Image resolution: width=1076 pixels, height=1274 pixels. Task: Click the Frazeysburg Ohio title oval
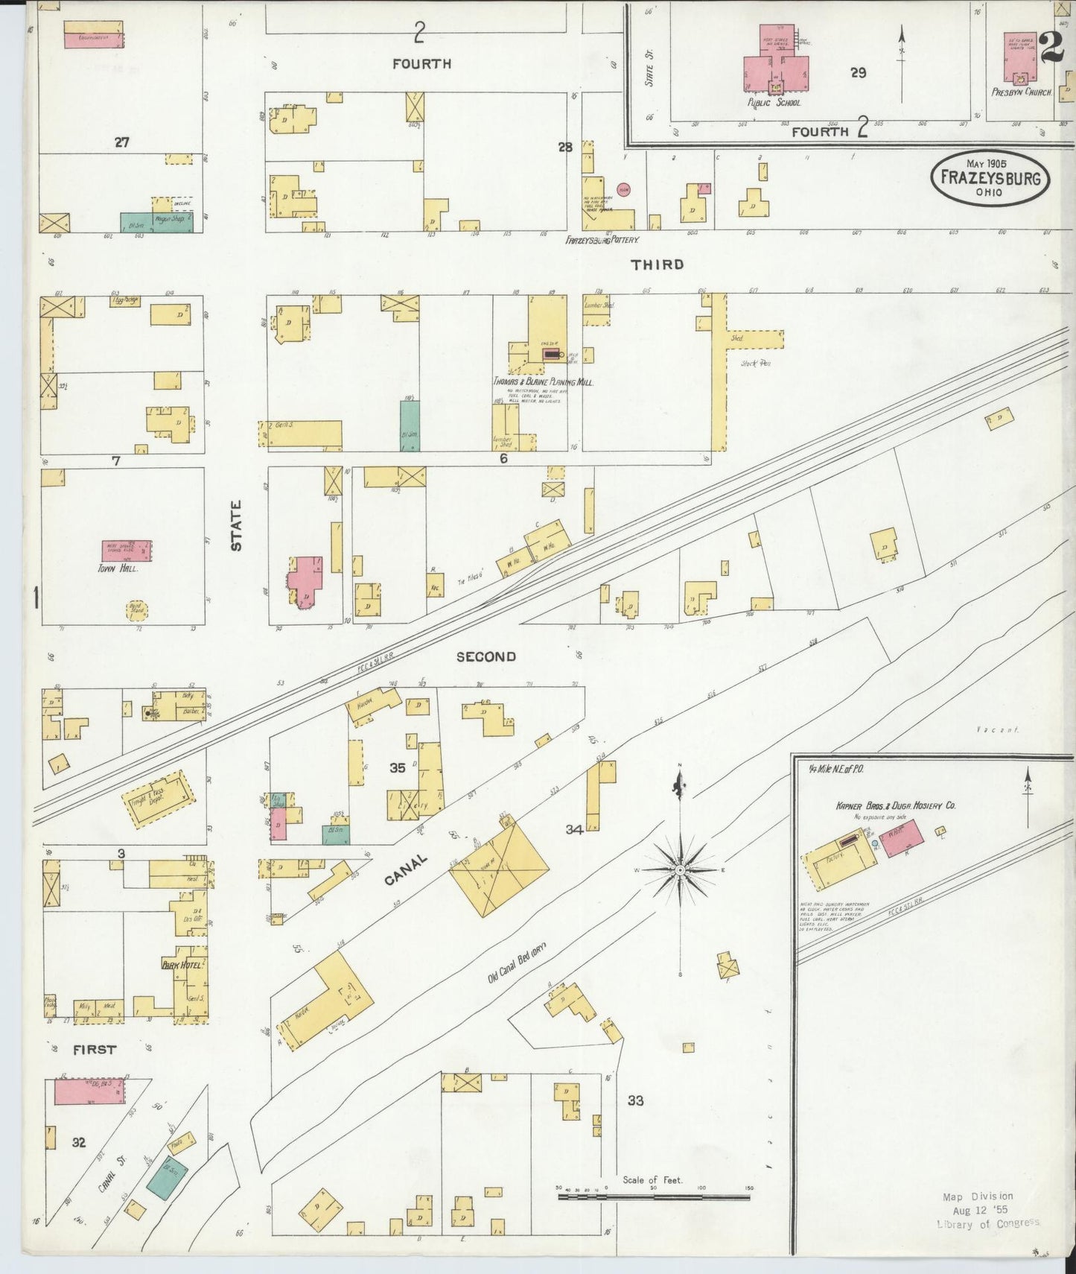coord(990,178)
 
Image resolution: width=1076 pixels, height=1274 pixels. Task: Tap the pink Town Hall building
coord(127,551)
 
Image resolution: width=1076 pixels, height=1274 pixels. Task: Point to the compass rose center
coord(681,869)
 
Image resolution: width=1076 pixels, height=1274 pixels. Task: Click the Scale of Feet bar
coord(655,1197)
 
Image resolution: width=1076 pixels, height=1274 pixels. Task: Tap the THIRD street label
coord(657,264)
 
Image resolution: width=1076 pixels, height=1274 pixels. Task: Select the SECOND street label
coord(486,656)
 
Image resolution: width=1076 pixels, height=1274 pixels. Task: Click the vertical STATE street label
coord(236,525)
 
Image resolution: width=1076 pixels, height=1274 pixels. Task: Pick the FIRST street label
coord(95,1049)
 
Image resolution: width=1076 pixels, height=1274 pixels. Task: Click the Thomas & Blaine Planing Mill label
coord(542,381)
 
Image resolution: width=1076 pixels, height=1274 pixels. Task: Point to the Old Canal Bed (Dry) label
coord(518,963)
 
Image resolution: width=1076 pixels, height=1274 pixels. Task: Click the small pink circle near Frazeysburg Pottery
coord(624,189)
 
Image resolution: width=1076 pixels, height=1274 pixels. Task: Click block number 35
coord(398,767)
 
